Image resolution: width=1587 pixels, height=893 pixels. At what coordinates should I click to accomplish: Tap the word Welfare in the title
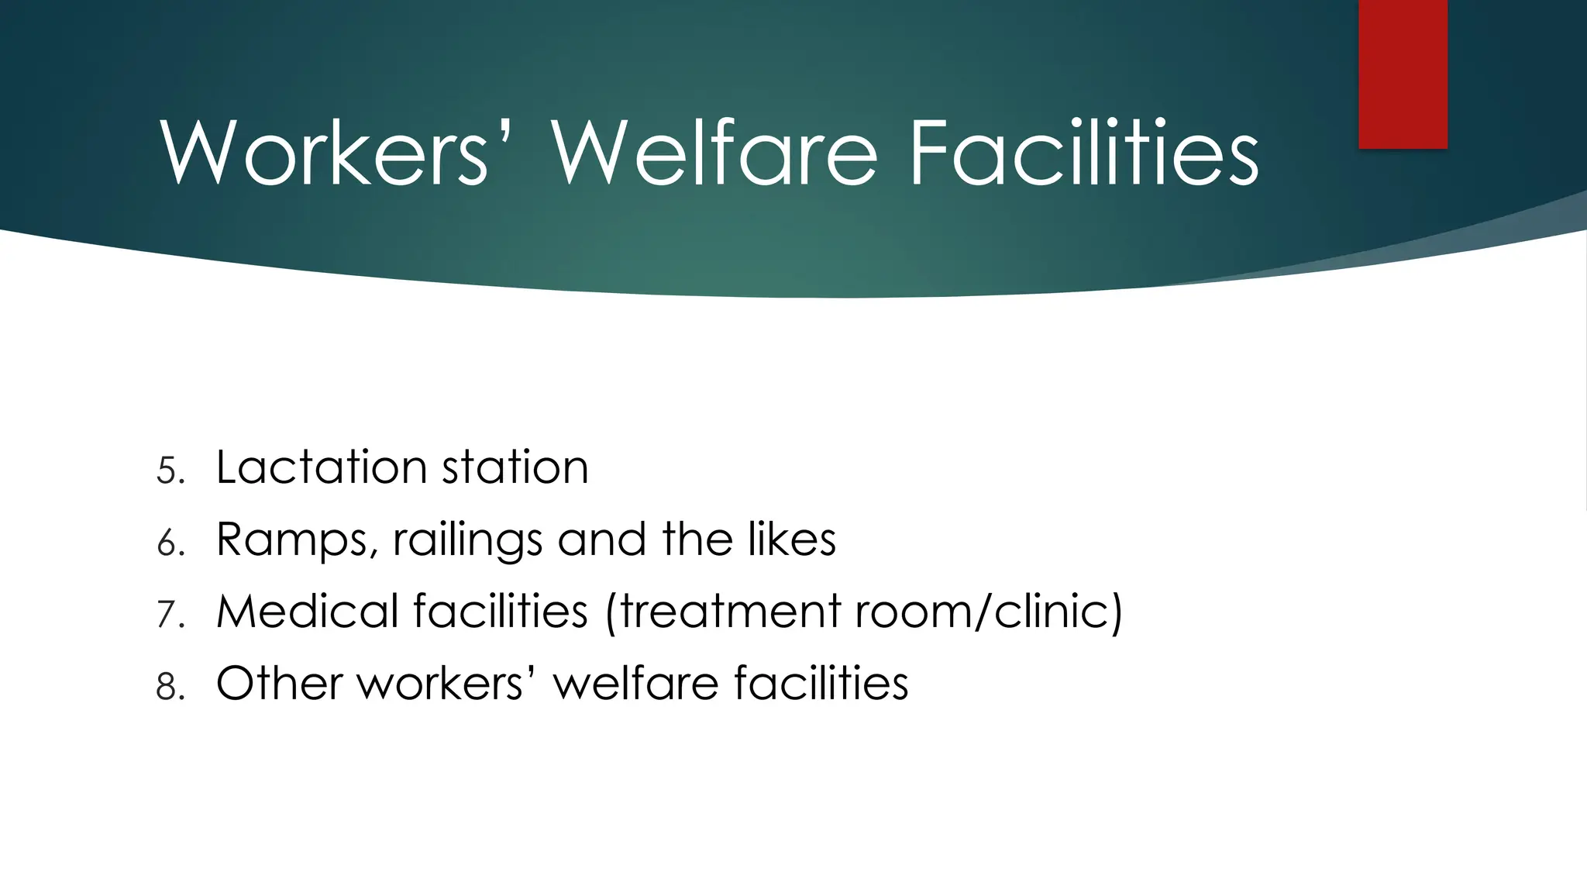point(714,153)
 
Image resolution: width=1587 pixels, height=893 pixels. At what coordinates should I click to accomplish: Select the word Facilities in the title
point(1083,153)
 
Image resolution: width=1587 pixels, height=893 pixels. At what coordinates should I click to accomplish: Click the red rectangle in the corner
point(1403,74)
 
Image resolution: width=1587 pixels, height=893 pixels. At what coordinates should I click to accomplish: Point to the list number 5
point(170,471)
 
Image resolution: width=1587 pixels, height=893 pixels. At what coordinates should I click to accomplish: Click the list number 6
point(170,543)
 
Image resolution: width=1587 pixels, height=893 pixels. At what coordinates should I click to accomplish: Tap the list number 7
point(170,615)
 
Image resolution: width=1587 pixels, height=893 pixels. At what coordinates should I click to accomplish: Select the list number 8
point(170,687)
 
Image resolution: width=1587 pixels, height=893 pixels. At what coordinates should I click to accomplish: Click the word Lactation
point(321,467)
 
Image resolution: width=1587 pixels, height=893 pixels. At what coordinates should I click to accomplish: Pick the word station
point(515,467)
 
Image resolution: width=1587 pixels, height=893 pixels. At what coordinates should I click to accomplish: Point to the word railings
point(467,540)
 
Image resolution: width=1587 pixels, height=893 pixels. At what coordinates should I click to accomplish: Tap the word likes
point(791,539)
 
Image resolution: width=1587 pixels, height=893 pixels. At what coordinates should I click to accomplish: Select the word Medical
point(306,611)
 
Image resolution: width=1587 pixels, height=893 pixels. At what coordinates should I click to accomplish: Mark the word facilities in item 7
point(501,611)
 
